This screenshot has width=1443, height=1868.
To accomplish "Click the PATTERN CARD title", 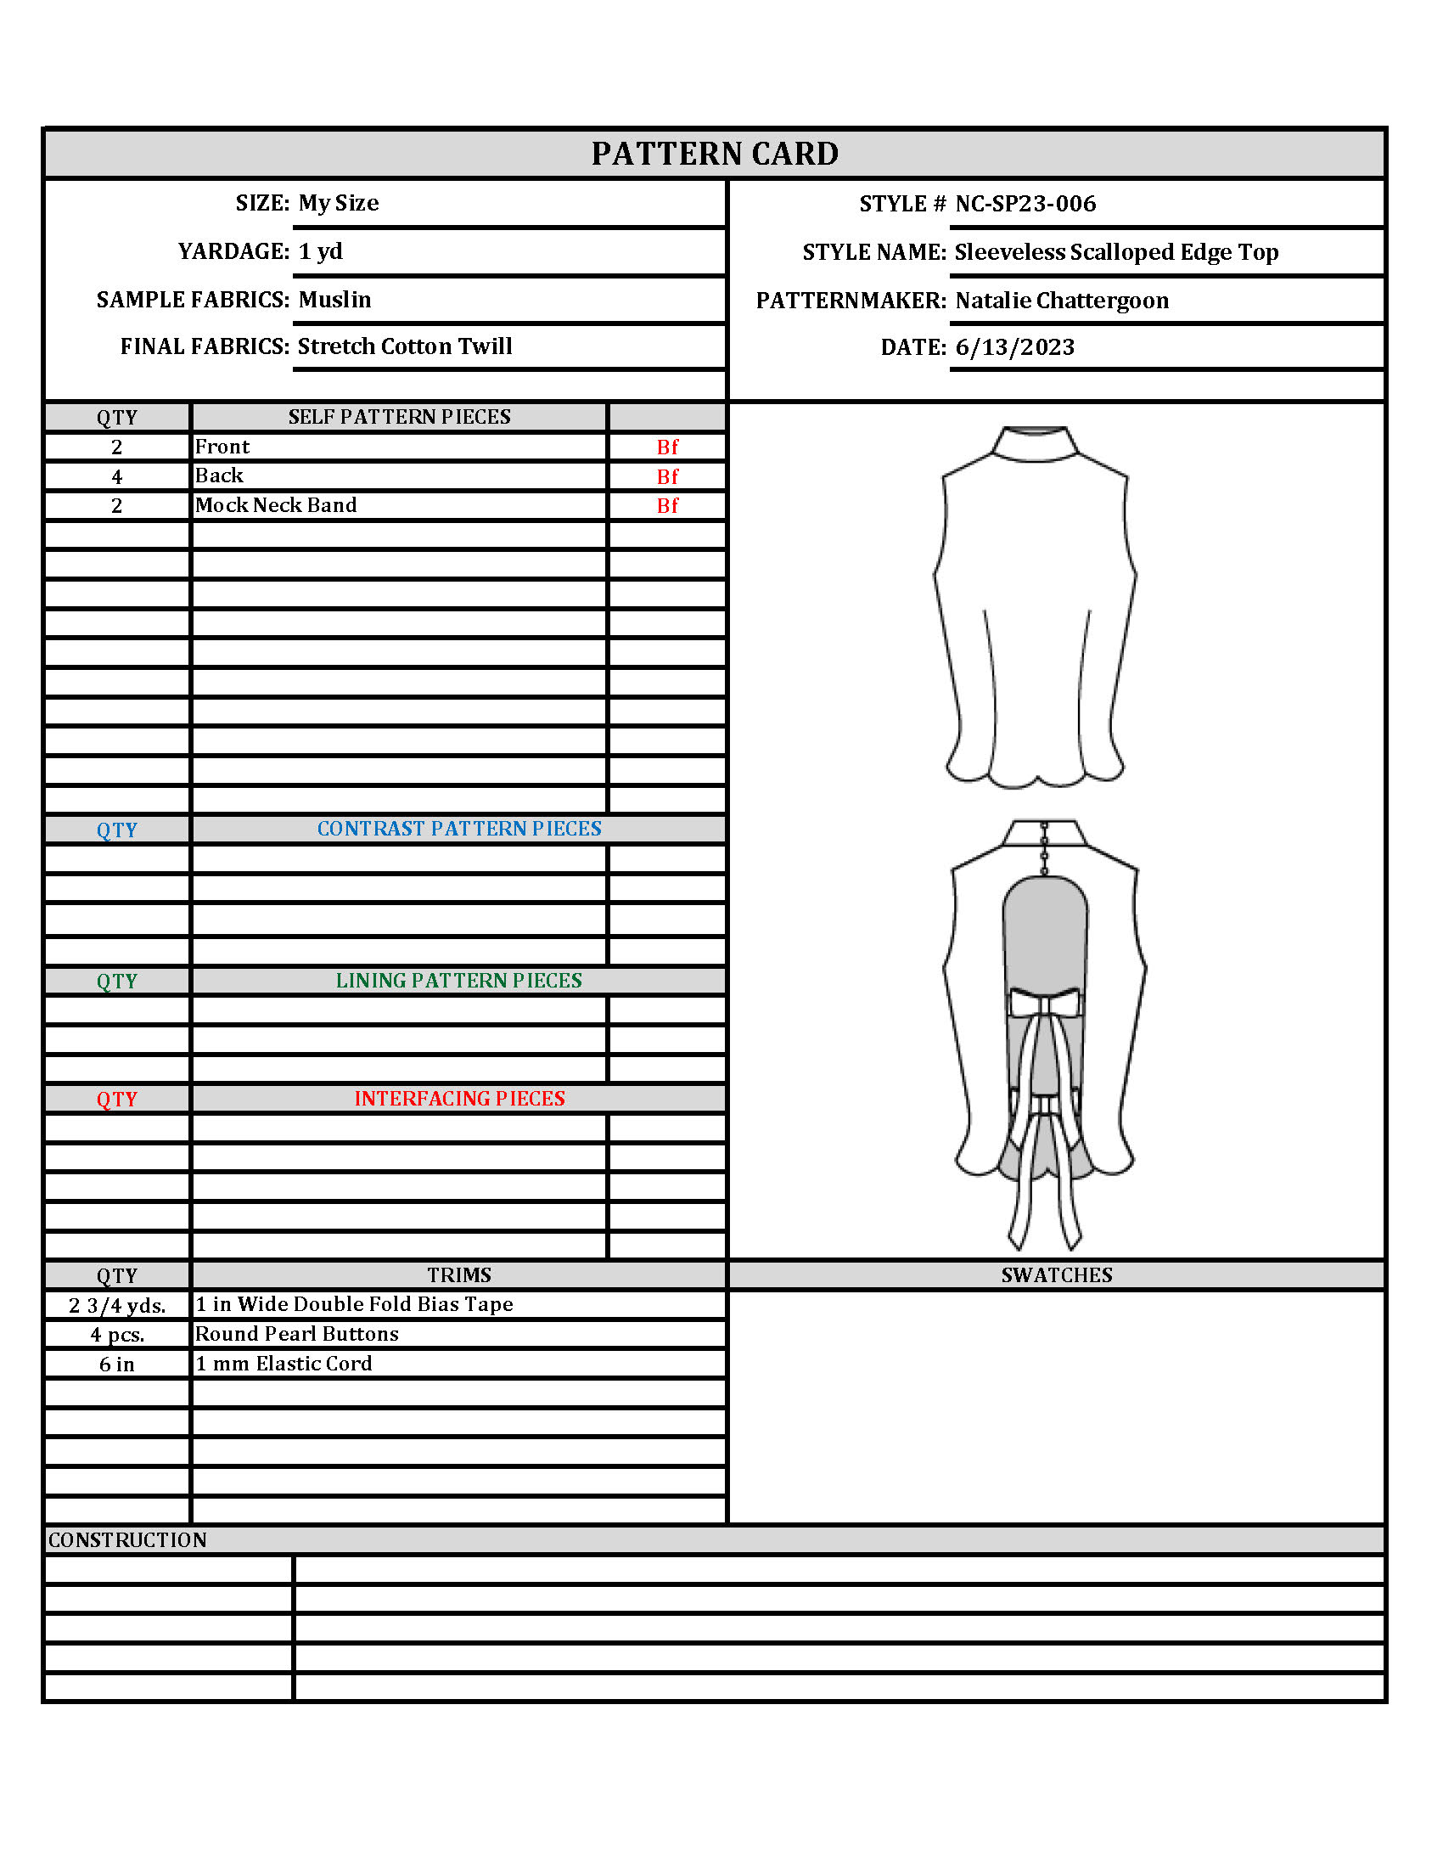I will pyautogui.click(x=715, y=154).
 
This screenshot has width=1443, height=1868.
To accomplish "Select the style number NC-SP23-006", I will pyautogui.click(x=1025, y=204).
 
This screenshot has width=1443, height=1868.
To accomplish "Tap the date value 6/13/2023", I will pyautogui.click(x=1014, y=347).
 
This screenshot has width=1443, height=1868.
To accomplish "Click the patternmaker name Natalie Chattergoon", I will pyautogui.click(x=1062, y=301).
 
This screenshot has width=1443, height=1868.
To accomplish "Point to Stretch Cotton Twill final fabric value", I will pyautogui.click(x=404, y=346).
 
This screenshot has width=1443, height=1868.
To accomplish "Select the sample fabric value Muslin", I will pyautogui.click(x=334, y=300).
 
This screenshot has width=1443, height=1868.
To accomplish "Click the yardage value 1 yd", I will pyautogui.click(x=321, y=251).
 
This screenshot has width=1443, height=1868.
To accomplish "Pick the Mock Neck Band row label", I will pyautogui.click(x=275, y=505).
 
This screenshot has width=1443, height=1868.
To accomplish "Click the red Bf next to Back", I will pyautogui.click(x=667, y=476).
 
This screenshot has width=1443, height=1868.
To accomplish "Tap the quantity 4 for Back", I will pyautogui.click(x=116, y=476).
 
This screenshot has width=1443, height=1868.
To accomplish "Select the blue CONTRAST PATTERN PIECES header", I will pyautogui.click(x=459, y=829).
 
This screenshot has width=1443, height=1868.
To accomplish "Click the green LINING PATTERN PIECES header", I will pyautogui.click(x=459, y=980).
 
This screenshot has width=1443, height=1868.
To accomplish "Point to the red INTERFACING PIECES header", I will pyautogui.click(x=459, y=1098).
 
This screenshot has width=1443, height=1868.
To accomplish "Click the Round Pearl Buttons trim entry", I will pyautogui.click(x=296, y=1334).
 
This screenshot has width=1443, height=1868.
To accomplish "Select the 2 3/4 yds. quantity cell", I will pyautogui.click(x=117, y=1305).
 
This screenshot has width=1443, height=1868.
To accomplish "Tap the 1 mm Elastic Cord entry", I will pyautogui.click(x=283, y=1364).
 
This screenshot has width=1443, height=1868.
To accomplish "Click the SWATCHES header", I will pyautogui.click(x=1057, y=1275).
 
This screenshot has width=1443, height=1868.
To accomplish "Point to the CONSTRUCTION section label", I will pyautogui.click(x=127, y=1540).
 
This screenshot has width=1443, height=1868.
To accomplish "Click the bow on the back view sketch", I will pyautogui.click(x=1045, y=1002).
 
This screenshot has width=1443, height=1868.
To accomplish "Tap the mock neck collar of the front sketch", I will pyautogui.click(x=1036, y=444).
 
